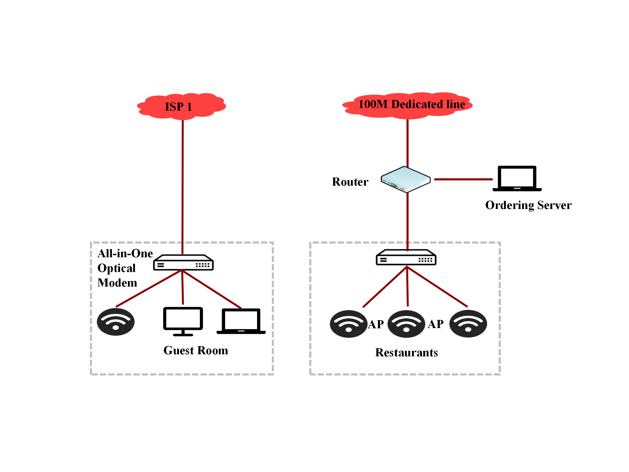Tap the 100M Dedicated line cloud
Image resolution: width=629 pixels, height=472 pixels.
(x=407, y=105)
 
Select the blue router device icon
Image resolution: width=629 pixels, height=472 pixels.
(x=405, y=179)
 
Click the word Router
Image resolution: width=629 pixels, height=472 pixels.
(x=350, y=182)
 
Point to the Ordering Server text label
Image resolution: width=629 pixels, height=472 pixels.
(x=528, y=205)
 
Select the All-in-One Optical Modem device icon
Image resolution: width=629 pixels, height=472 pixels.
(x=183, y=262)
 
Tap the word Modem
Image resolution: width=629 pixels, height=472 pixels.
(x=117, y=283)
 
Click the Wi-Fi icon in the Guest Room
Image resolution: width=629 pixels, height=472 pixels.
(x=116, y=322)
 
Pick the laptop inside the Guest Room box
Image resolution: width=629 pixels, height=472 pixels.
(x=241, y=321)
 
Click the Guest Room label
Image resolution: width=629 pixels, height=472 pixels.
(x=196, y=351)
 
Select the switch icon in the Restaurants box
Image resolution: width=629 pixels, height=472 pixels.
(x=406, y=258)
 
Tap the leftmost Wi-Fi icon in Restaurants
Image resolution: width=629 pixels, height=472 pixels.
(x=348, y=324)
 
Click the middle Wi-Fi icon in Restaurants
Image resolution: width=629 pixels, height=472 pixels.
(x=406, y=324)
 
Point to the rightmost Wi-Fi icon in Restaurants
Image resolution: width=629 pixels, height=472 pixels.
(x=468, y=324)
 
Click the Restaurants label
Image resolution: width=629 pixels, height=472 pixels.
(x=406, y=352)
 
